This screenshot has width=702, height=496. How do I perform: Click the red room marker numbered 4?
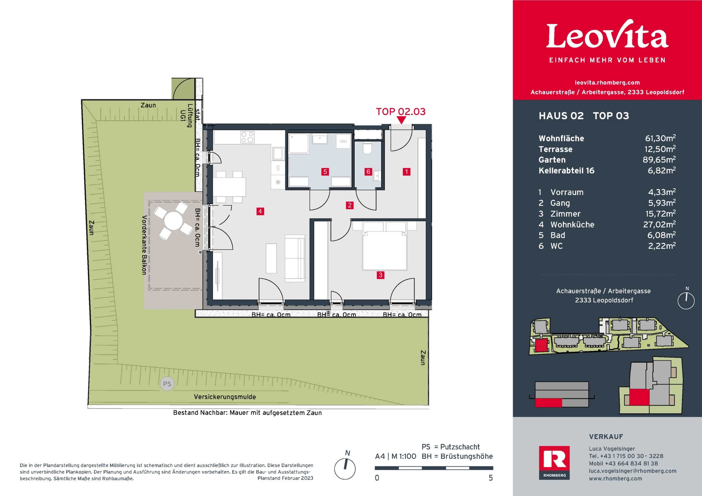click(260, 211)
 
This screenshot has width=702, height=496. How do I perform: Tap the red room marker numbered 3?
click(381, 275)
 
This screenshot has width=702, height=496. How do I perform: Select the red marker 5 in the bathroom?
click(325, 172)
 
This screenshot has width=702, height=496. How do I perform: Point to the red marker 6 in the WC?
click(368, 172)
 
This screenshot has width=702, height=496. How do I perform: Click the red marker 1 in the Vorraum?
click(406, 172)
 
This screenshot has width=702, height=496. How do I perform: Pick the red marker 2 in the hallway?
click(350, 205)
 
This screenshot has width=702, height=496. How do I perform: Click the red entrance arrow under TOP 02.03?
click(401, 120)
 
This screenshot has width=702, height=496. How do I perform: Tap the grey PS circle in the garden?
click(167, 384)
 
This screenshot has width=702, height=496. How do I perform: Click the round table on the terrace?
click(173, 221)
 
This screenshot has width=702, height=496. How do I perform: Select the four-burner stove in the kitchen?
click(247, 137)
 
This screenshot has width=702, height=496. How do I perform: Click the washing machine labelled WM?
click(343, 141)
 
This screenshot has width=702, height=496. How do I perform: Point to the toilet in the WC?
click(367, 148)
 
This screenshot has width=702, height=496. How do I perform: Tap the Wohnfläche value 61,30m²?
click(660, 138)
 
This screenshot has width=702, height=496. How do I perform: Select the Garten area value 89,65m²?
click(659, 160)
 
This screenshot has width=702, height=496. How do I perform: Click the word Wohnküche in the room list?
click(572, 224)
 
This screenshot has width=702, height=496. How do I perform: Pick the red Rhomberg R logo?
click(554, 462)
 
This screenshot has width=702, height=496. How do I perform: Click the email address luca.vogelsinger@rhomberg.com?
click(633, 471)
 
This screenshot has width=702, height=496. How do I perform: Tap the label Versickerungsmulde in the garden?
click(225, 397)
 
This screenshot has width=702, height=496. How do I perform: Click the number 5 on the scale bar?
click(491, 478)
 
